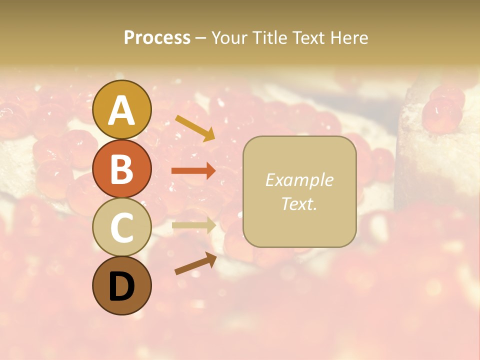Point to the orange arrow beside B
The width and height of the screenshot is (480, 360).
click(x=193, y=171)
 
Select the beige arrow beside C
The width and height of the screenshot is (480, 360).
click(x=193, y=225)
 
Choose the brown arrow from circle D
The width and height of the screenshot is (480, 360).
click(x=195, y=263)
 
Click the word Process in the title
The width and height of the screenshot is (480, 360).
click(x=157, y=37)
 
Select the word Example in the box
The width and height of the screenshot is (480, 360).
click(x=299, y=180)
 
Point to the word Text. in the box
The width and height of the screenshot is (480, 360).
click(x=299, y=203)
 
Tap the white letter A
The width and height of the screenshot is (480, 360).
click(x=121, y=110)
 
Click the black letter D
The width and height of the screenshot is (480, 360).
click(x=121, y=286)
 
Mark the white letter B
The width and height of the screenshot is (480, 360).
click(x=121, y=169)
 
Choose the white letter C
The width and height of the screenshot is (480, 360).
click(x=121, y=228)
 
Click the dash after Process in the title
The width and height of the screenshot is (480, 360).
click(x=200, y=38)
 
